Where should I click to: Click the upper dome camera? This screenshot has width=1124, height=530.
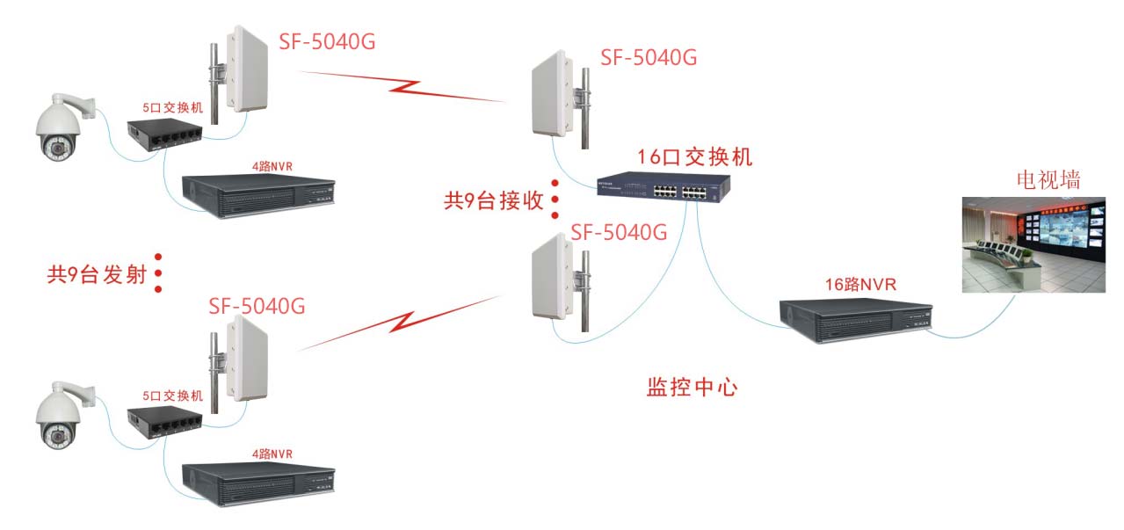(60, 132)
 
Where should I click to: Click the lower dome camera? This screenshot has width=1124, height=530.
(60, 416)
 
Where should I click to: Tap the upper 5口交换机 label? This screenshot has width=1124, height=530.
(172, 107)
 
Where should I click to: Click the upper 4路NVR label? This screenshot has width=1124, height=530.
(272, 166)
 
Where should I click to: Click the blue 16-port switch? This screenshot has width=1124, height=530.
(663, 185)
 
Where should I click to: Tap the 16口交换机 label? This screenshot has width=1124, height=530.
(695, 157)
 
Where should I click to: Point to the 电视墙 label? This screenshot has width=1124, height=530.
(1048, 180)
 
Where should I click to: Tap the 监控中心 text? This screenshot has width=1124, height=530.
(692, 387)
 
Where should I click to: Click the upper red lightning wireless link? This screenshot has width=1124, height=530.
(404, 86)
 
